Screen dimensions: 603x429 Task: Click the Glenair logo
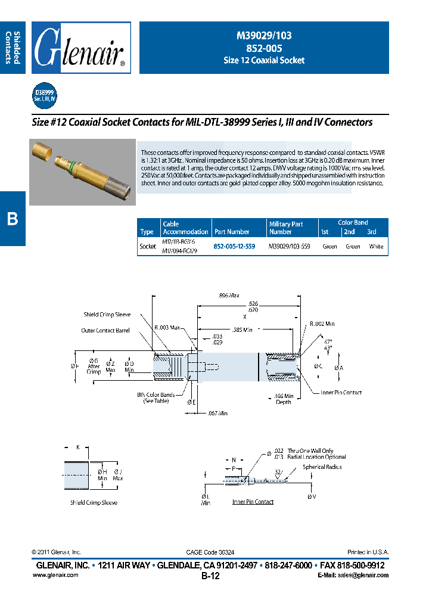coord(81,48)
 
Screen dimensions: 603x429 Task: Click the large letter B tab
coord(13,219)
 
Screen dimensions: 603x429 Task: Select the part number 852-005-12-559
coord(234,245)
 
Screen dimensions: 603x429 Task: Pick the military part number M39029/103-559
coord(290,245)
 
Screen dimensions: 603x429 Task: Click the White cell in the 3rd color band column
coord(376,246)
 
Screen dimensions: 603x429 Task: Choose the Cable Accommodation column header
coord(185,228)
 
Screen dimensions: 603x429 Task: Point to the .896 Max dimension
coord(229,296)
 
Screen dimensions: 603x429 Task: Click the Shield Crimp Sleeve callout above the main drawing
coord(107,315)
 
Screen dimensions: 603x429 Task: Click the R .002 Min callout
coord(322,324)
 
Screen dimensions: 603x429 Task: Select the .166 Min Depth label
coord(284,399)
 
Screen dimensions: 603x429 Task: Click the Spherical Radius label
coord(322,467)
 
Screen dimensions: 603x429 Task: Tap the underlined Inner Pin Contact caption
coord(253,502)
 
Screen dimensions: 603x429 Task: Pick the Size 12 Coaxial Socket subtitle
coord(263,60)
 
